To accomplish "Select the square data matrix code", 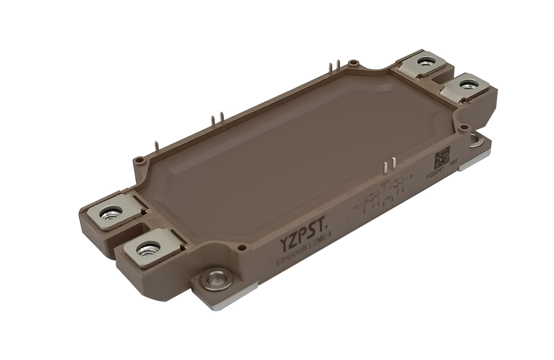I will point(441,157).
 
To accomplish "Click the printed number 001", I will point(454,164).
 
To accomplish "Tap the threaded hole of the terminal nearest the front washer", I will point(148,248).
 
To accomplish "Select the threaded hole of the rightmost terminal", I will point(469,84).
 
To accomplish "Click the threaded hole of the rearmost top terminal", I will point(425,61).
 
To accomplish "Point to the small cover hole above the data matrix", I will point(464,127).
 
